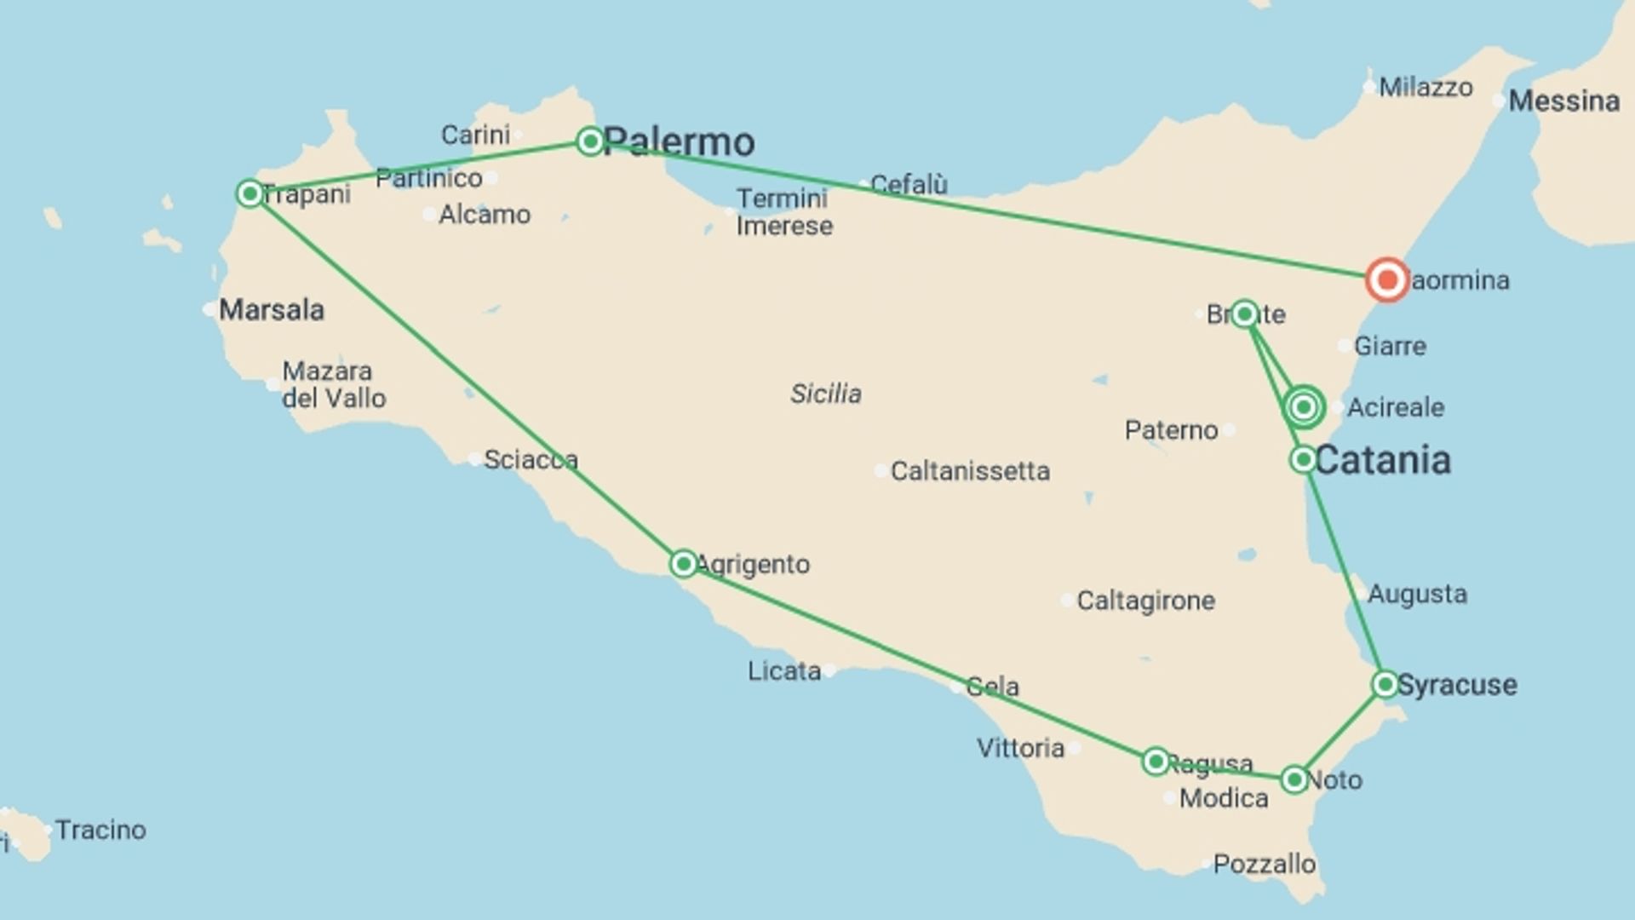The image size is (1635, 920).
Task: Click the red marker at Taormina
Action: (1386, 279)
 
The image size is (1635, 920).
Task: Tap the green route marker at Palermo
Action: (590, 141)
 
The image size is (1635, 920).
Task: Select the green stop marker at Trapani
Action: (250, 193)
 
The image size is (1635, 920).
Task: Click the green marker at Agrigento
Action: (683, 563)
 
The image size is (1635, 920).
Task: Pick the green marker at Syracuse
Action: (1385, 684)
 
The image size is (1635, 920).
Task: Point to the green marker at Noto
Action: (1294, 779)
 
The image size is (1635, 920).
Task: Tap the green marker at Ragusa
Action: (1156, 761)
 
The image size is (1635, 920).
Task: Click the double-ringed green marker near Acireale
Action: (1304, 407)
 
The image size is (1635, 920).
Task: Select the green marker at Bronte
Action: (1244, 314)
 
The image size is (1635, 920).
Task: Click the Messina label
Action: (1563, 101)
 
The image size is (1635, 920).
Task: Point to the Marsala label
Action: (272, 310)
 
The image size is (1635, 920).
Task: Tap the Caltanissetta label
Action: (970, 471)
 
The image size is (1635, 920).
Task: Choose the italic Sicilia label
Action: (825, 394)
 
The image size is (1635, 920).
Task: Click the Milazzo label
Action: (1426, 87)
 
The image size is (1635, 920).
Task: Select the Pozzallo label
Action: (1264, 864)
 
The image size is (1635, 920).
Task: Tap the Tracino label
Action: (100, 830)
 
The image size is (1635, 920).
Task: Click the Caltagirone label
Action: (1145, 601)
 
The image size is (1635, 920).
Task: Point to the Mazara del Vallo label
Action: (334, 384)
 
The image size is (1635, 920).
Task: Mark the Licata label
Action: (784, 671)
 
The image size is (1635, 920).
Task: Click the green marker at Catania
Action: (1303, 460)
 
